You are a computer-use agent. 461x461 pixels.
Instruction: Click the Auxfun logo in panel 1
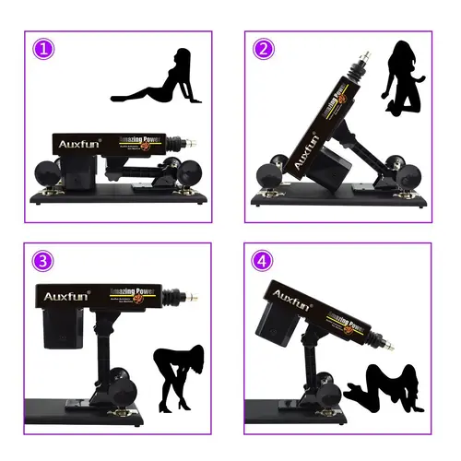(x=80, y=145)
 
